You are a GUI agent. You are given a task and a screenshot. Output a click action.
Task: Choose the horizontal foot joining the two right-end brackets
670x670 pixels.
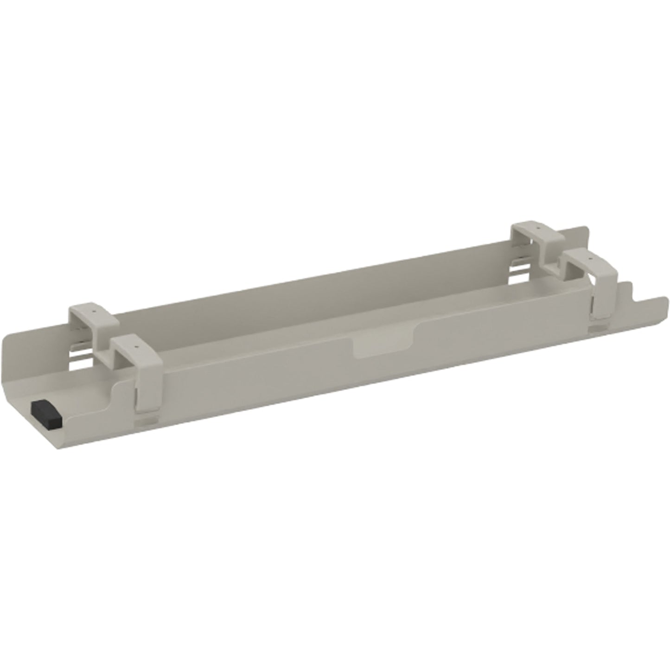coord(552,269)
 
